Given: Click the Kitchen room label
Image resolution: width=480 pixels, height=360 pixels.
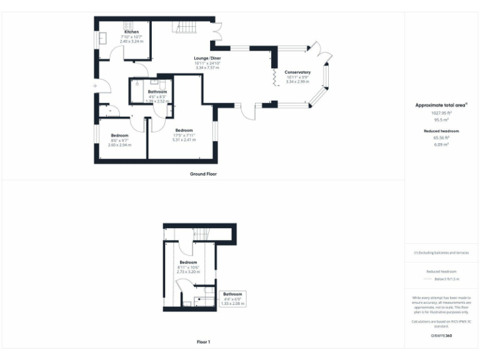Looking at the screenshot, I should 131,32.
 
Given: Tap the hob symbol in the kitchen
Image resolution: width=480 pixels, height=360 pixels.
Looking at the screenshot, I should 129,26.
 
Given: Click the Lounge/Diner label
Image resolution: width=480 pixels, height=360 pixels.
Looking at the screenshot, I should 207,58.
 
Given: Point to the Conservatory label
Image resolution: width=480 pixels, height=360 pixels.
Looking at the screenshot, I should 297,72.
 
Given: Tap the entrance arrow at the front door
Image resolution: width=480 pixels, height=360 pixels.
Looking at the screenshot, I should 94,85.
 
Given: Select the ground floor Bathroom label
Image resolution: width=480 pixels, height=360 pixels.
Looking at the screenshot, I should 157,92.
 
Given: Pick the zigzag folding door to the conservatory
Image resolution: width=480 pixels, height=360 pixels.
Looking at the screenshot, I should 274,77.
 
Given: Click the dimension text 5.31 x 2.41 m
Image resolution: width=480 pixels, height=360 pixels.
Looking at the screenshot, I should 184,139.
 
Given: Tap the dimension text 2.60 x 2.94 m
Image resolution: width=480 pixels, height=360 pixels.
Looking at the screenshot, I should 119,144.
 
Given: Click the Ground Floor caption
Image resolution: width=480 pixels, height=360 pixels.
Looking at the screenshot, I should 202,173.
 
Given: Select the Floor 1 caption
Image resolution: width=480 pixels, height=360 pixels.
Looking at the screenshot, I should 203,342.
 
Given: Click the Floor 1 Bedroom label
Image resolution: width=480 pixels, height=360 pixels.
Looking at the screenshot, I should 188,262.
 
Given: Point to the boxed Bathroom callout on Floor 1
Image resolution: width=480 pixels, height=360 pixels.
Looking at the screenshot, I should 233,298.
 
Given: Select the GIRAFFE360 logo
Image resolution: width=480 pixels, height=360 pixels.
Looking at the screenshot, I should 441,336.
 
